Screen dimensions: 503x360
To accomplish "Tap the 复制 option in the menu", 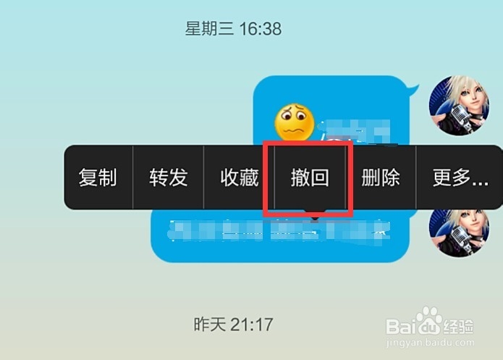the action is coord(98,177).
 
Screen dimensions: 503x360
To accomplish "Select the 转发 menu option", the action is coord(169,177).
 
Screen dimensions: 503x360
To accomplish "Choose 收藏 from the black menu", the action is coord(240,177).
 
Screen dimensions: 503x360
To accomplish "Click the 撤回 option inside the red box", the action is coord(310,177).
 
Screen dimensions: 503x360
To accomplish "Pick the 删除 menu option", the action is coord(381,177).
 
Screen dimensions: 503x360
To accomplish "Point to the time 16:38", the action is coord(257,30).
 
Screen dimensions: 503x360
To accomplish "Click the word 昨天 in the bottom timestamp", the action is coord(210,324).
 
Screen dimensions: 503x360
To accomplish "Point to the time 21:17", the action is coord(252,324).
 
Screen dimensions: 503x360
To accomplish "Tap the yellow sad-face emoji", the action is coord(294,123).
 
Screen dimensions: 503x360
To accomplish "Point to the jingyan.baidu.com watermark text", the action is coord(430,345).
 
